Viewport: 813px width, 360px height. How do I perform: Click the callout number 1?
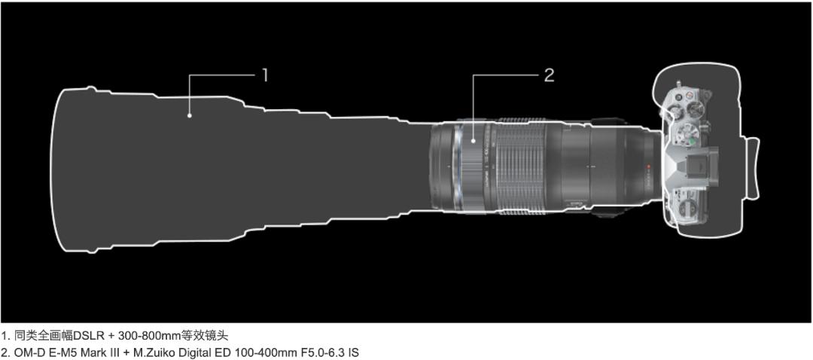click(265, 76)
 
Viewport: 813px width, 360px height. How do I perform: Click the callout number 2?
click(549, 76)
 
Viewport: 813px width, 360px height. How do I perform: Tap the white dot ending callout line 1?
click(190, 116)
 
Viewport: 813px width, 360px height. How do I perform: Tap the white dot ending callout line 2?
click(473, 140)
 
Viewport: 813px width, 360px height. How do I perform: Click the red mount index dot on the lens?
click(648, 167)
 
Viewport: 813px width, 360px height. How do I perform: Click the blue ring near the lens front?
click(457, 167)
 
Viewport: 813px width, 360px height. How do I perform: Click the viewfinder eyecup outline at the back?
click(752, 168)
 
